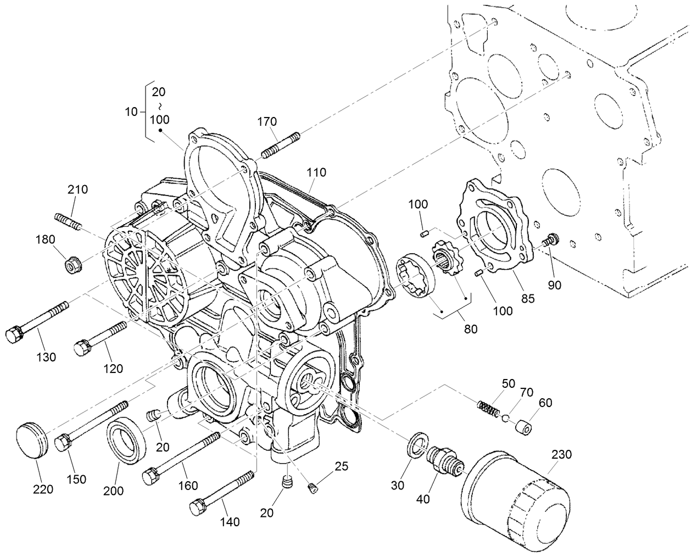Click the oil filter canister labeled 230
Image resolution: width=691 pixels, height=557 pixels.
[x=514, y=494]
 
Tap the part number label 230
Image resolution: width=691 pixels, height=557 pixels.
[x=561, y=454]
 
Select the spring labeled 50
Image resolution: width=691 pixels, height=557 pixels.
[x=488, y=408]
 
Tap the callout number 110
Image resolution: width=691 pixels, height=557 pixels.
[x=316, y=172]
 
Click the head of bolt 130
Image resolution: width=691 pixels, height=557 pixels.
[x=14, y=334]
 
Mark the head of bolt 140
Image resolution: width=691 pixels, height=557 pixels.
[x=198, y=506]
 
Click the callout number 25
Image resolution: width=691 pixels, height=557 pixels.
[x=342, y=467]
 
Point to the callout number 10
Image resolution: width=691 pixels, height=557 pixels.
[x=131, y=112]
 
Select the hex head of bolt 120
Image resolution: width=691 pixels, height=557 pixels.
[x=82, y=348]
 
